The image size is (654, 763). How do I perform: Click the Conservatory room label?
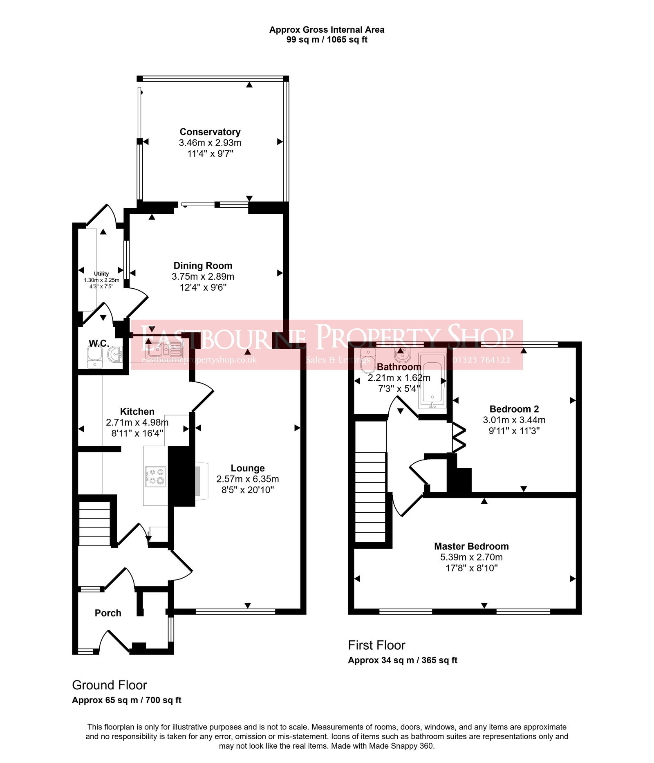[x=210, y=132]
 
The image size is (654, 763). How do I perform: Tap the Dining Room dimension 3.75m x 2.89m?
[x=203, y=276]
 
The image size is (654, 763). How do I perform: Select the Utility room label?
[x=101, y=274]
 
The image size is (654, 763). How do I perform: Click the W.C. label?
[x=99, y=343]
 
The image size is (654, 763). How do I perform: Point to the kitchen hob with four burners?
[x=155, y=476]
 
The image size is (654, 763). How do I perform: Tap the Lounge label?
[x=247, y=468]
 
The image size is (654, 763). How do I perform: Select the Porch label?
[x=108, y=613]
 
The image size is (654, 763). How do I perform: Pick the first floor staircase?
[x=370, y=497]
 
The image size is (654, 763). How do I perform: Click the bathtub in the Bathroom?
[x=432, y=380]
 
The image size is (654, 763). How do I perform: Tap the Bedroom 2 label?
[x=514, y=409]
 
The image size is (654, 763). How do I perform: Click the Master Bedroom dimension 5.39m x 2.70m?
[x=471, y=557]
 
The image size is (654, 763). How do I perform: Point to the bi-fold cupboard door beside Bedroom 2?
[x=459, y=438]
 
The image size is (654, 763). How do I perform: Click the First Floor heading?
[x=376, y=645]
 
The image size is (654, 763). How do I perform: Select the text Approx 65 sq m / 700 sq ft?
[x=127, y=700]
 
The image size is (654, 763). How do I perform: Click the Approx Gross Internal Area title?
[x=327, y=30]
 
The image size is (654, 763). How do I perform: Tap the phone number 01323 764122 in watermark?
[x=481, y=360]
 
